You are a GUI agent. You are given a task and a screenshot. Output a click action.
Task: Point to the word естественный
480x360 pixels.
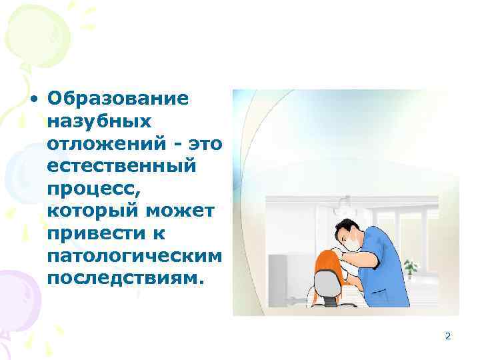pyautogui.click(x=122, y=165)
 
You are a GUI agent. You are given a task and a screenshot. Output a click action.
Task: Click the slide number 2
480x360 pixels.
pyautogui.click(x=448, y=337)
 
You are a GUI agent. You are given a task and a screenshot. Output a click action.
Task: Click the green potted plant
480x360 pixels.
pyautogui.click(x=411, y=266)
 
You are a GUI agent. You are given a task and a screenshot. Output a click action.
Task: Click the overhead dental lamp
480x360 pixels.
pyautogui.click(x=344, y=201)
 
